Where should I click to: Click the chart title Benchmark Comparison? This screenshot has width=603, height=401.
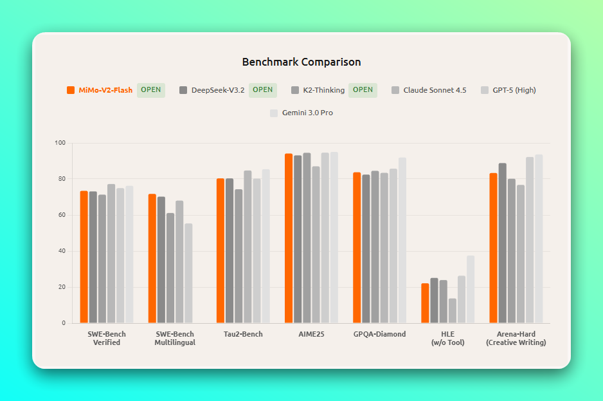point(301,62)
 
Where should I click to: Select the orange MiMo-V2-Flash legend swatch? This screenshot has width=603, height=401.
point(71,90)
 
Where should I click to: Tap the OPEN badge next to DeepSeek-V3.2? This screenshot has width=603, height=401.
point(262,90)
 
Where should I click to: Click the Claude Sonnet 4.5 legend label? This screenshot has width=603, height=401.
point(435,90)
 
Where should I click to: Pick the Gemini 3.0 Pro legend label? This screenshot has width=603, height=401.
point(307,113)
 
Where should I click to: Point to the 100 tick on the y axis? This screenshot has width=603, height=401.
point(62,143)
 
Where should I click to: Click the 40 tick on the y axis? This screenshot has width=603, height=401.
point(63,251)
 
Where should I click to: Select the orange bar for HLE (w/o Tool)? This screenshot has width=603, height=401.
point(425,303)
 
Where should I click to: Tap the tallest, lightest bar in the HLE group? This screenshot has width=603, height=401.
point(471,289)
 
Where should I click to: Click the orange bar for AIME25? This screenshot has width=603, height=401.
point(289,238)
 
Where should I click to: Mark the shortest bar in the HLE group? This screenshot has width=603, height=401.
point(453,310)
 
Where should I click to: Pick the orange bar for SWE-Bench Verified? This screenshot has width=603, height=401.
point(84,257)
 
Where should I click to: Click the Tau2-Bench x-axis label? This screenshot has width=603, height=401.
point(243,334)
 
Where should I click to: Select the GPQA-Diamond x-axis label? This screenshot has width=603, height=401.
point(379,334)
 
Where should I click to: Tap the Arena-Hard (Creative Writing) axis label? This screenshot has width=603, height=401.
point(516,339)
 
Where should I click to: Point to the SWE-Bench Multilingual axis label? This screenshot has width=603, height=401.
point(175,339)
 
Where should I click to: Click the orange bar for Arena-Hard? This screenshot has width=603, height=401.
point(493,248)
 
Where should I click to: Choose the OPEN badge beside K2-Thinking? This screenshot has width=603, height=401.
point(363,90)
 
